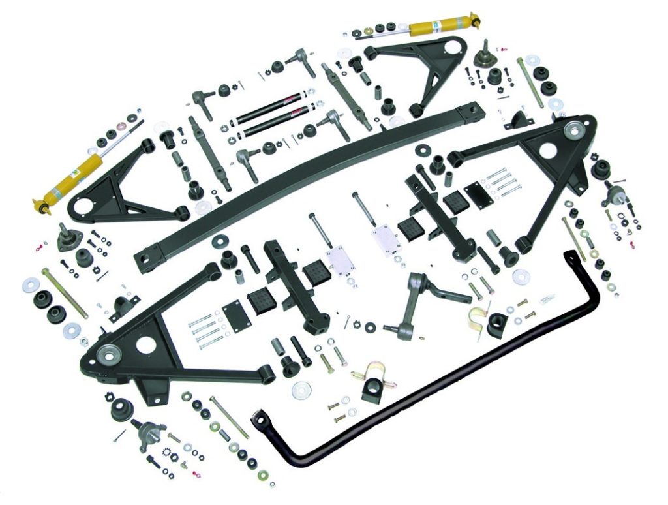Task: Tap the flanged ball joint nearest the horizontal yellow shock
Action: click(483, 54)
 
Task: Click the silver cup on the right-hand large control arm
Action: click(574, 130)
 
